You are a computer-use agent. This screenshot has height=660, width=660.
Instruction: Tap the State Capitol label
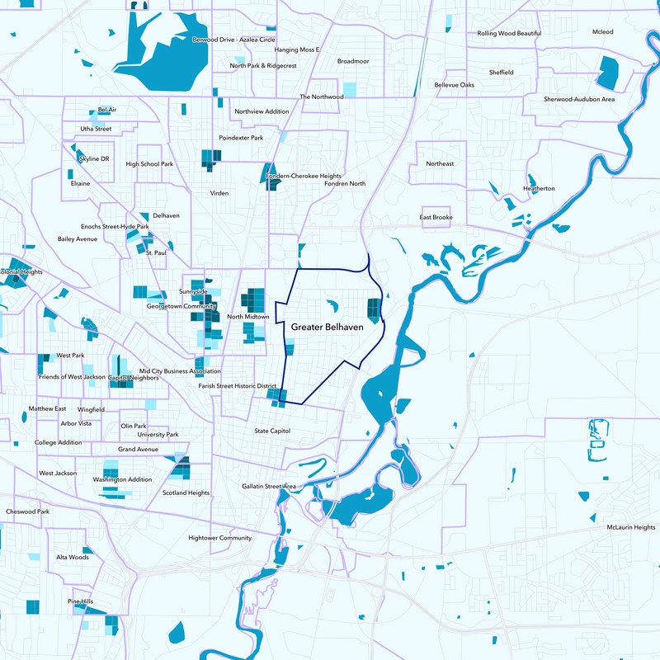(x=272, y=431)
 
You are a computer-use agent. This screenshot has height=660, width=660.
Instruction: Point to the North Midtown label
(x=247, y=317)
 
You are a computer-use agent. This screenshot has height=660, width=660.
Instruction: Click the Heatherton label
(x=539, y=188)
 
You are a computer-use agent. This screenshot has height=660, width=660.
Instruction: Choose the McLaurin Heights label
(x=630, y=527)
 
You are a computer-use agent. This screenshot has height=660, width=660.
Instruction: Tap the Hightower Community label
(x=219, y=538)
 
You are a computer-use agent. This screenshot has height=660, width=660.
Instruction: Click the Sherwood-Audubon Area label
(x=579, y=99)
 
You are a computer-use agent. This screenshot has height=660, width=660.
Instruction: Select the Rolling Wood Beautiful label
(x=509, y=33)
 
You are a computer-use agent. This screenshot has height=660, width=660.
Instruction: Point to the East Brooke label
(x=436, y=218)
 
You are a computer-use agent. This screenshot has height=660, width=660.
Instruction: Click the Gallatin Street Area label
(x=268, y=487)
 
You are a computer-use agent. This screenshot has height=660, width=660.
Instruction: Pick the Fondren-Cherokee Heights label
(x=304, y=176)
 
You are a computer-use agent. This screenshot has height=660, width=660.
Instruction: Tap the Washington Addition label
(x=122, y=479)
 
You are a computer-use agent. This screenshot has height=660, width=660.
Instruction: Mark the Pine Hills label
(x=80, y=601)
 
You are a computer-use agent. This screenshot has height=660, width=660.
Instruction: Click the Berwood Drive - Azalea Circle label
(x=233, y=39)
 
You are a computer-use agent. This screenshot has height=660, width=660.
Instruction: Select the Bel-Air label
(x=106, y=109)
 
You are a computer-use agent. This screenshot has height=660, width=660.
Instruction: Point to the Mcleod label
(x=603, y=31)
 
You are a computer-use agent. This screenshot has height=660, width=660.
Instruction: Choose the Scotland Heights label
(x=186, y=493)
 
